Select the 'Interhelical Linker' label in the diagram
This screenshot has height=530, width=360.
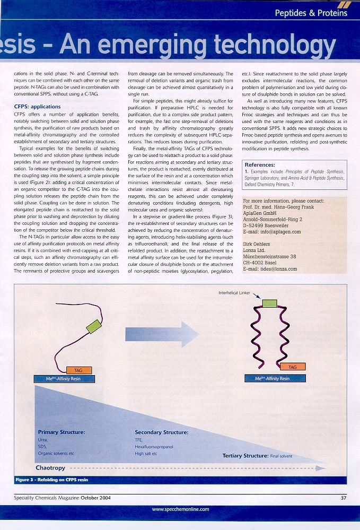(x=235, y=292)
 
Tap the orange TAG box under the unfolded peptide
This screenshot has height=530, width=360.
(x=79, y=370)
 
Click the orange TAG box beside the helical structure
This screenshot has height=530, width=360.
(x=293, y=367)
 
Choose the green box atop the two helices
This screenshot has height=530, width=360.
(x=269, y=303)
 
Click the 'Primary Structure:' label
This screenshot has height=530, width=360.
(x=62, y=432)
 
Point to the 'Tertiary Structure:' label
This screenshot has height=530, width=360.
(x=245, y=456)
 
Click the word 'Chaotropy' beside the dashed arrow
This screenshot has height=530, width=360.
(x=50, y=467)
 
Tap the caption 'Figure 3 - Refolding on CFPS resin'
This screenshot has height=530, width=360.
(x=52, y=479)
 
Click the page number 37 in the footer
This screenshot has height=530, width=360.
(x=344, y=497)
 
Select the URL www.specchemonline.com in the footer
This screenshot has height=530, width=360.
(x=180, y=509)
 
